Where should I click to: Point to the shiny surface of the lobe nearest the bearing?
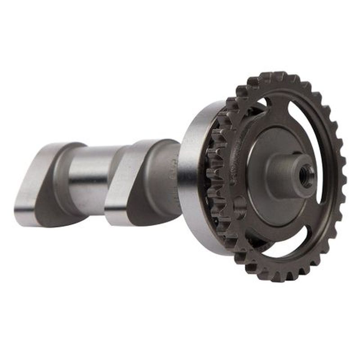click(119, 180)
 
